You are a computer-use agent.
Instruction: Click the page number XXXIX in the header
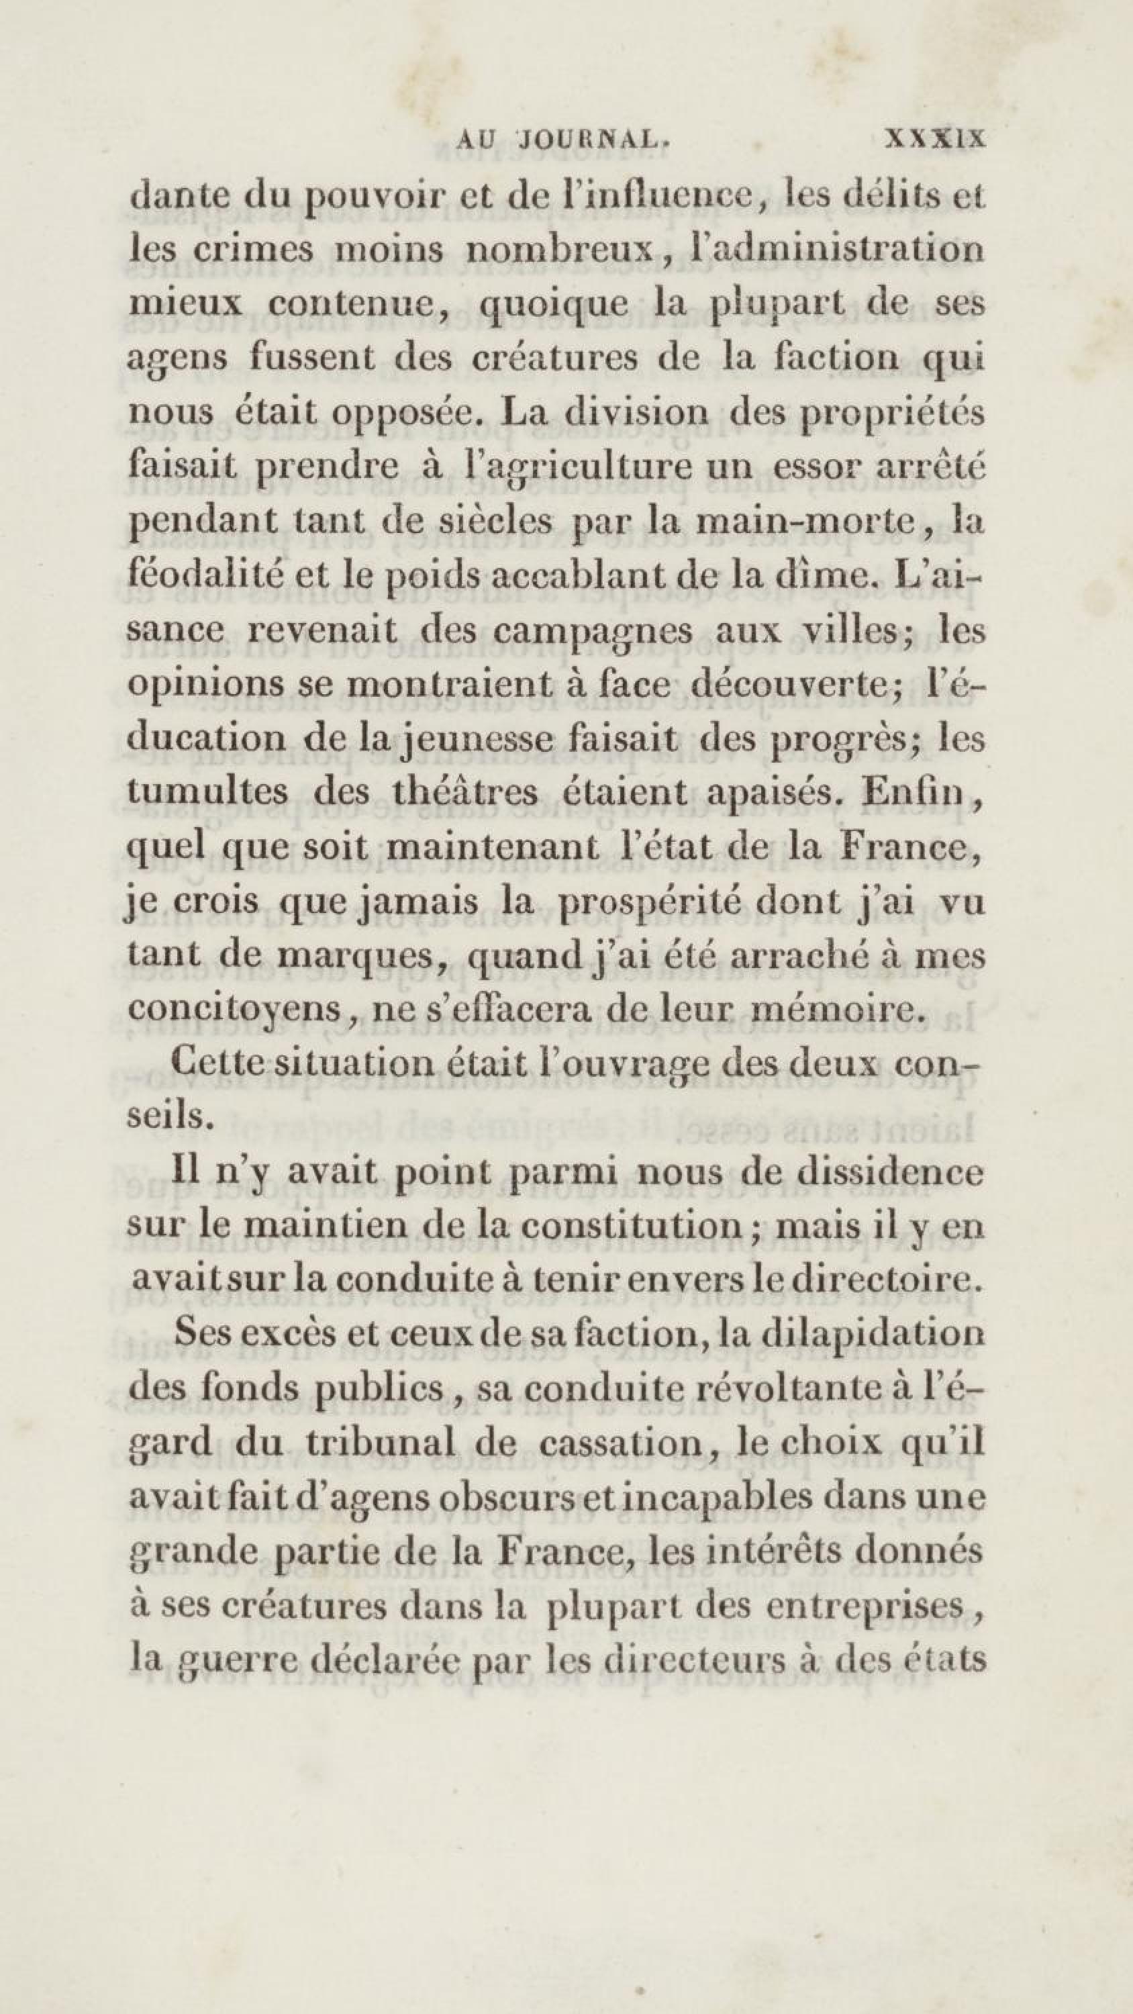934,139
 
